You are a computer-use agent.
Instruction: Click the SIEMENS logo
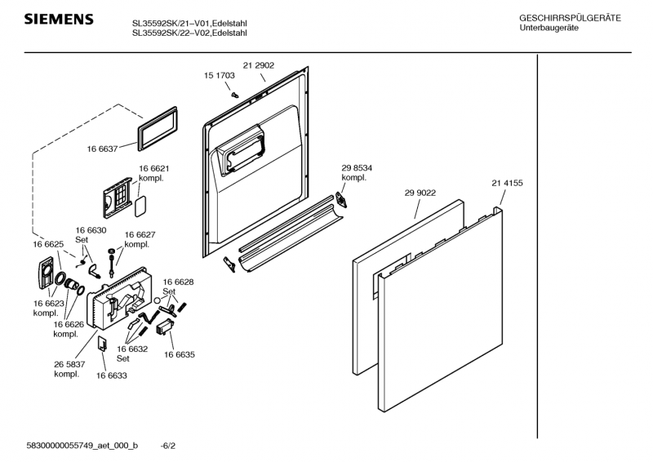[58, 19]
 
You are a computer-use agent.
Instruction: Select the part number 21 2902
[258, 64]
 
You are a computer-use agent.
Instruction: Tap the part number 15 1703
[219, 75]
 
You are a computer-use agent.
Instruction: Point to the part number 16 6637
[102, 149]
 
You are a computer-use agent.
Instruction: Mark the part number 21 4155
[506, 183]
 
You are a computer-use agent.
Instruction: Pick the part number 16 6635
[179, 354]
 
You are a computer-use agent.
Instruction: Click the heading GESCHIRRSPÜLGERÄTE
[569, 18]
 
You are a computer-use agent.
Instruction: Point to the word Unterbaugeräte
[549, 29]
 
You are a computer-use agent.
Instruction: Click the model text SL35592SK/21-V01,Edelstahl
[189, 23]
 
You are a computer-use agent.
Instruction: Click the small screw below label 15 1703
[235, 93]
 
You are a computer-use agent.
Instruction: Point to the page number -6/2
[168, 446]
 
